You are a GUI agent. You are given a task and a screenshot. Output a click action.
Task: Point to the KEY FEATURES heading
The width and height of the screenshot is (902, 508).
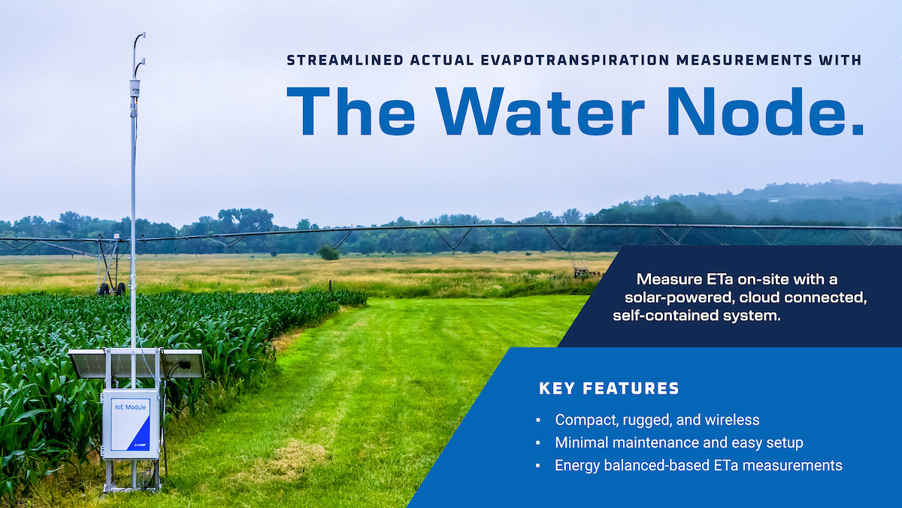609,388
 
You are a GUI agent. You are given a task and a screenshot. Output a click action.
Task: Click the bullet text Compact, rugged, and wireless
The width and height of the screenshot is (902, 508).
657,420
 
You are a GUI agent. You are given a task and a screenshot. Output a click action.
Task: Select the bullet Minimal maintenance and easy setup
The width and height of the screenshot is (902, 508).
679,443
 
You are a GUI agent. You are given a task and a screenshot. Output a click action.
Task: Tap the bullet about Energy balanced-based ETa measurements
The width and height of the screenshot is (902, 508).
698,465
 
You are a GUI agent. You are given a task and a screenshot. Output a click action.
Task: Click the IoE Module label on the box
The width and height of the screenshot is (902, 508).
131,407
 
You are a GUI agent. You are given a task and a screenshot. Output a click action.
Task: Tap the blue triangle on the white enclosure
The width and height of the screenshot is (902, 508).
139,435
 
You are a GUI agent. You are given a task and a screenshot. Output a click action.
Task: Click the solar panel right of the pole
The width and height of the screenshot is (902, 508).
182,364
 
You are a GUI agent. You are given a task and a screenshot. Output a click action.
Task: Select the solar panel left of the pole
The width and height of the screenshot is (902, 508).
89,364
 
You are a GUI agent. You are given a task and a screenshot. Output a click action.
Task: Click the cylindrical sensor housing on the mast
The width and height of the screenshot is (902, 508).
135,88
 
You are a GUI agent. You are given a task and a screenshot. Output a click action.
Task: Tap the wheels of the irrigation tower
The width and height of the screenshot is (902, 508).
112,289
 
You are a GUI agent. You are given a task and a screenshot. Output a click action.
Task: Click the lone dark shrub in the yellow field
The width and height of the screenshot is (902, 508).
328,253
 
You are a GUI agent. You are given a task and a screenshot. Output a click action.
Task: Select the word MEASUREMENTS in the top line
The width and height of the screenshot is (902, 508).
745,60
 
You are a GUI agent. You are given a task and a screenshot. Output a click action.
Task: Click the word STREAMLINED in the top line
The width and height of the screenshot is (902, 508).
345,60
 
